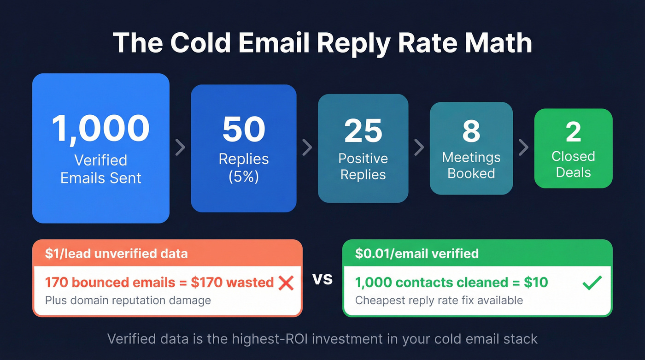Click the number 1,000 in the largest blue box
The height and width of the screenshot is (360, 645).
pyautogui.click(x=100, y=128)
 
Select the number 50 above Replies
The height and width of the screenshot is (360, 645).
pyautogui.click(x=244, y=130)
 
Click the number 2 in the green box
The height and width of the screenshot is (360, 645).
pyautogui.click(x=573, y=132)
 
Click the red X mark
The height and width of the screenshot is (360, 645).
pyautogui.click(x=286, y=282)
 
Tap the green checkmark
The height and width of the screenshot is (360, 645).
pyautogui.click(x=592, y=282)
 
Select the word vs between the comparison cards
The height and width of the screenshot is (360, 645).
pyautogui.click(x=322, y=279)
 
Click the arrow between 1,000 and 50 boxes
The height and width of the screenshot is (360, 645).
pyautogui.click(x=180, y=147)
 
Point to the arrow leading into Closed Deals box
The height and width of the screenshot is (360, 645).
pyautogui.click(x=523, y=148)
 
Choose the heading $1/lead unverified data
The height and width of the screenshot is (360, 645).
pyautogui.click(x=116, y=254)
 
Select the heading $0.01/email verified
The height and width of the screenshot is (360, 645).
pyautogui.click(x=417, y=254)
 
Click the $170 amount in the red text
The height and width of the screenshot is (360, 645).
pyautogui.click(x=209, y=282)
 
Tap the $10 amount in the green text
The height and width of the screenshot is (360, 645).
pyautogui.click(x=536, y=282)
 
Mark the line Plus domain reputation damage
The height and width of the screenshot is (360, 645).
pyautogui.click(x=128, y=301)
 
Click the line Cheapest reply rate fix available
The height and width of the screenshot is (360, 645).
pyautogui.click(x=439, y=301)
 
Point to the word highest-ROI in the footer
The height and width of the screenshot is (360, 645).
pyautogui.click(x=276, y=339)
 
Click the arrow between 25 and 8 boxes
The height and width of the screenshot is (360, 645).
pyautogui.click(x=419, y=148)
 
